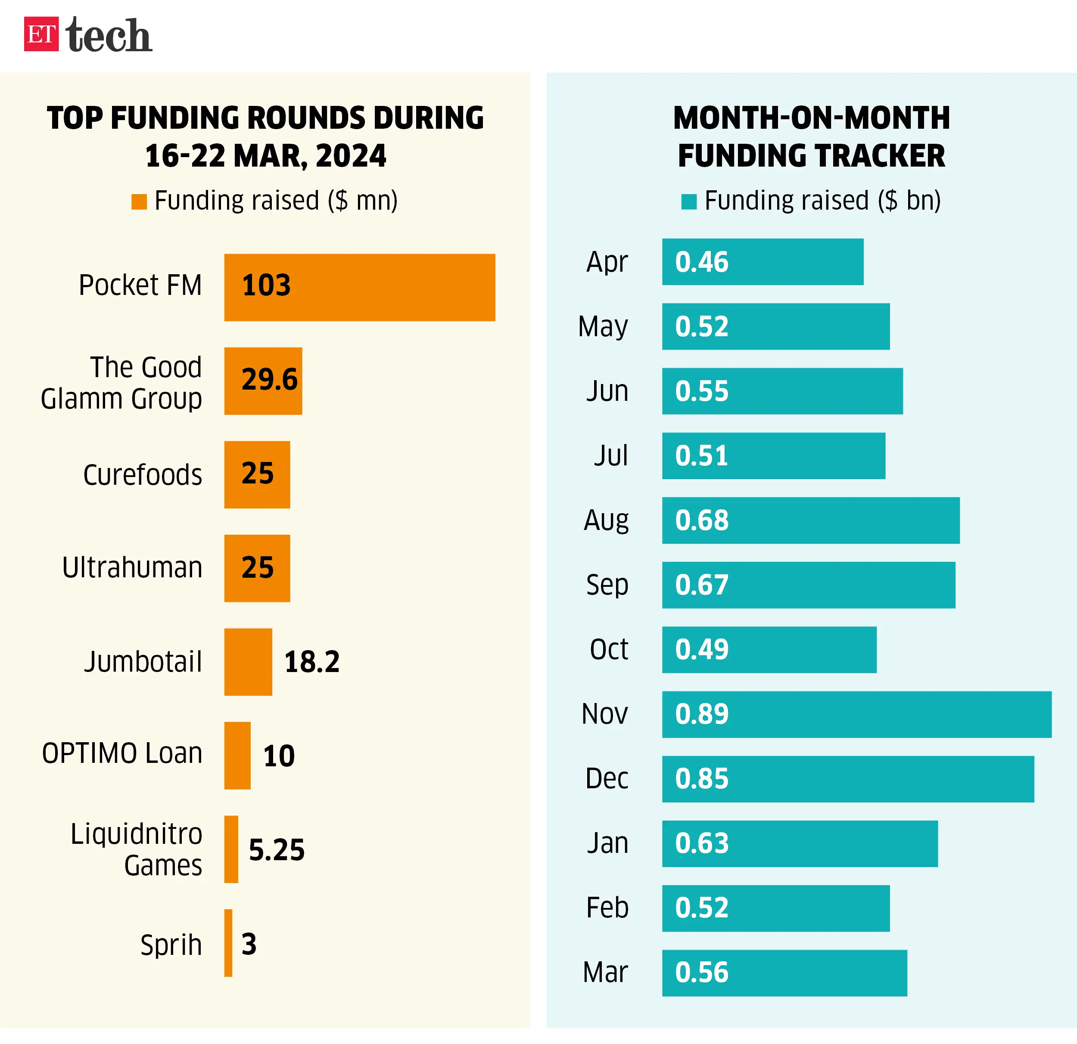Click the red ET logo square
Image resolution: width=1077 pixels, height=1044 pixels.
coord(41,34)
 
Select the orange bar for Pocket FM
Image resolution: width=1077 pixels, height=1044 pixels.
coord(359,287)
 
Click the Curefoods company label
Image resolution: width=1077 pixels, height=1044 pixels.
coord(142,474)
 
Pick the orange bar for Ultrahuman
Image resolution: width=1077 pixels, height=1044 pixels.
coord(257,568)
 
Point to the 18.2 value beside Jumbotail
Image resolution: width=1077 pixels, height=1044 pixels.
coord(311,662)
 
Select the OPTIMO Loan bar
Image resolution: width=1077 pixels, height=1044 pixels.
coord(237,755)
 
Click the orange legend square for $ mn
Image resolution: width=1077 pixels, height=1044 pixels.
coord(139,201)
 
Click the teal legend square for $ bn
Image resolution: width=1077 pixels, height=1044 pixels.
coord(688,201)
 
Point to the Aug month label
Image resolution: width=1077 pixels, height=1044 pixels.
coord(606,520)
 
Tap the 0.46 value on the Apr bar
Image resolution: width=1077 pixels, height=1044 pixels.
coord(702,262)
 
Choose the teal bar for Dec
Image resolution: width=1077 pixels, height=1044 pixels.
coord(847,779)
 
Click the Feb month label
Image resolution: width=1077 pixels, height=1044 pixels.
coord(607,908)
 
